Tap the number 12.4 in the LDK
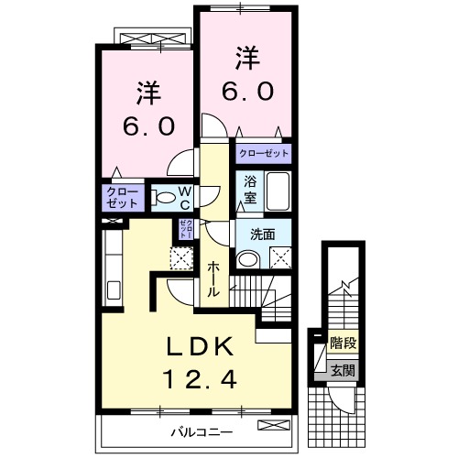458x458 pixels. pos(199,376)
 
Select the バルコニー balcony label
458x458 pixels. pos(200,431)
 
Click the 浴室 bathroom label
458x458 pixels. pos(250,191)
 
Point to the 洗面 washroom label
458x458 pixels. pos(262,234)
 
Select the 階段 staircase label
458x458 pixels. pos(343,344)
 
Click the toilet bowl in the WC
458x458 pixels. pos(163,196)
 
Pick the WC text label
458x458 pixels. pos(184,197)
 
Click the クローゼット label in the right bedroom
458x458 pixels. pos(263,153)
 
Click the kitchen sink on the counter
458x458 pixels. pos(114,291)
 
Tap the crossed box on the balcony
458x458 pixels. pos(271,426)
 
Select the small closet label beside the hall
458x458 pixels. pos(184,229)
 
